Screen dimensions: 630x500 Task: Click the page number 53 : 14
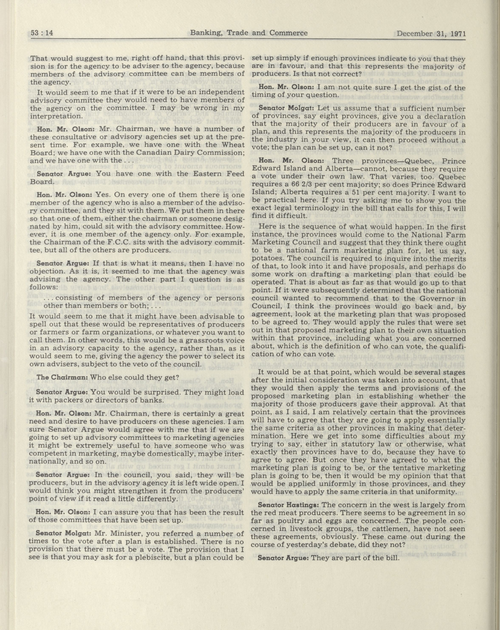42,33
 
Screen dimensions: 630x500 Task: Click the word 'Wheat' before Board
233,145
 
